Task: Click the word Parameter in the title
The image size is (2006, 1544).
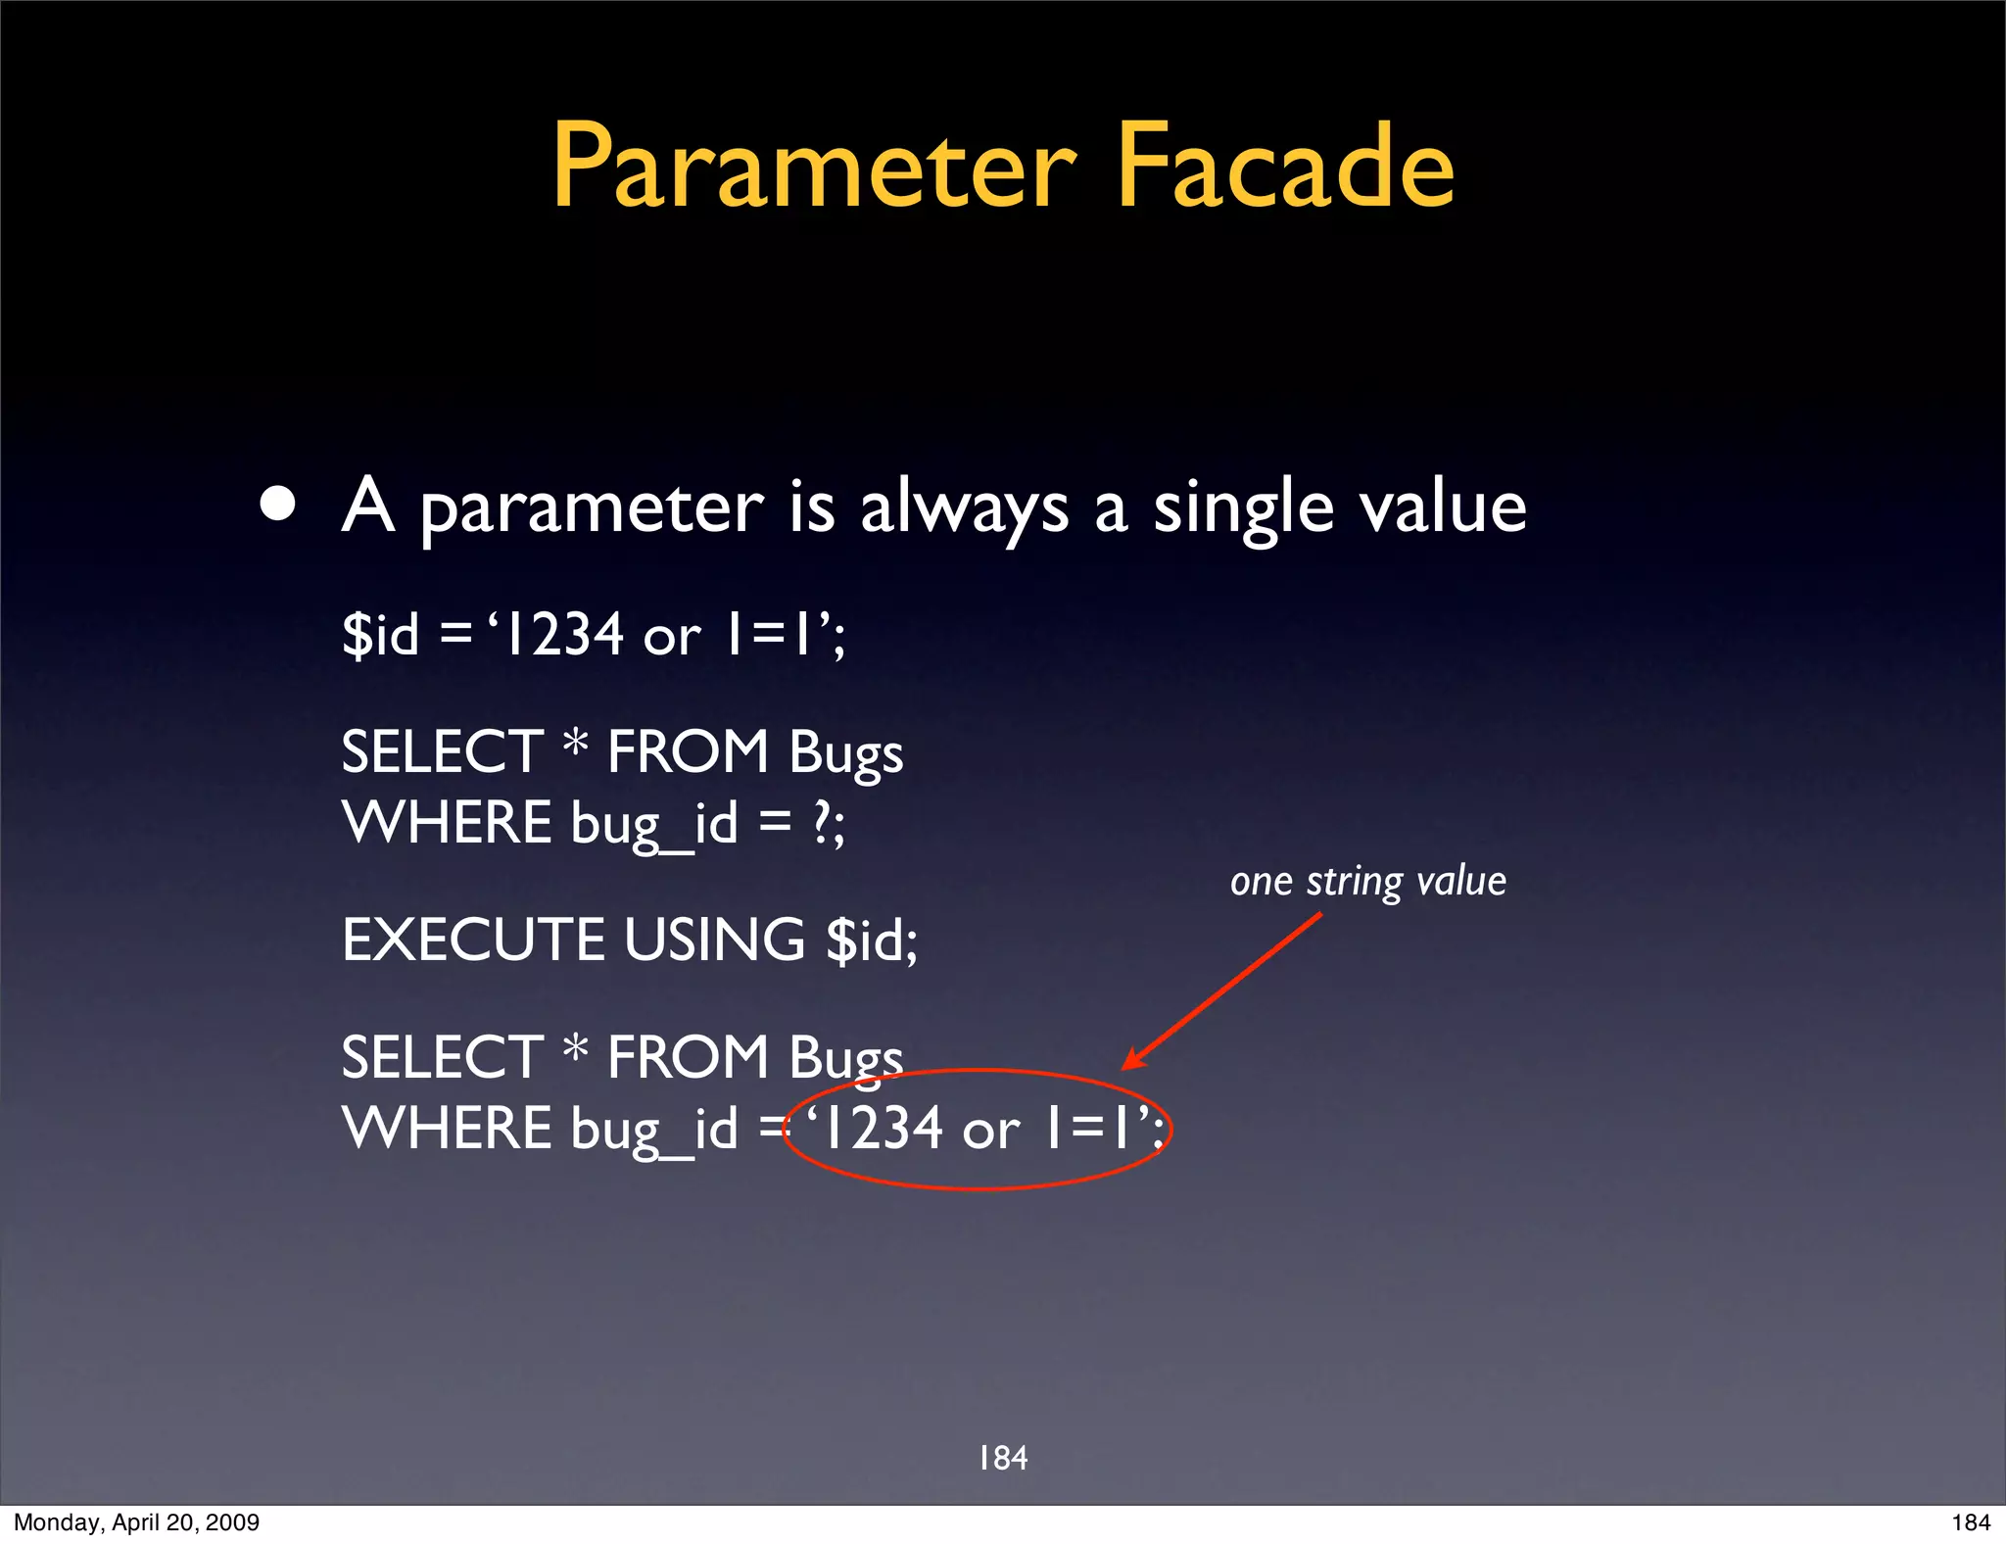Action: pos(814,167)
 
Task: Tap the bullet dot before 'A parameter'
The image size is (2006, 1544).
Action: pos(278,504)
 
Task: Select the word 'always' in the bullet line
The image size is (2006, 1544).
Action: pos(964,508)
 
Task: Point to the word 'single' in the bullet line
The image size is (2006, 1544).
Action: pos(1243,508)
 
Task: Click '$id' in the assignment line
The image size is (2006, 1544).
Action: pos(381,634)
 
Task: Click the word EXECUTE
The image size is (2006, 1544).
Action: pos(473,940)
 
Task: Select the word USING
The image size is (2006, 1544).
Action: pos(714,940)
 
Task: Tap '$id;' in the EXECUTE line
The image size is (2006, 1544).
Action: pos(872,941)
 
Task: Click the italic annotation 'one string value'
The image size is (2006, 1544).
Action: pos(1367,881)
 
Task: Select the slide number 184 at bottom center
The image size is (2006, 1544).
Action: pos(1003,1458)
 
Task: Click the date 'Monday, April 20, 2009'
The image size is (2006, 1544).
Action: pos(136,1522)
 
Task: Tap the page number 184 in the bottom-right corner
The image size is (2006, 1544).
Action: pos(1971,1522)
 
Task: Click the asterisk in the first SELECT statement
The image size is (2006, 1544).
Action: pos(575,747)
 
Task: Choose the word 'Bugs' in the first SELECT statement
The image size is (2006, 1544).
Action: pos(845,753)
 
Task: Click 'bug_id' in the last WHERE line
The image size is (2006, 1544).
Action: pos(654,1129)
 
